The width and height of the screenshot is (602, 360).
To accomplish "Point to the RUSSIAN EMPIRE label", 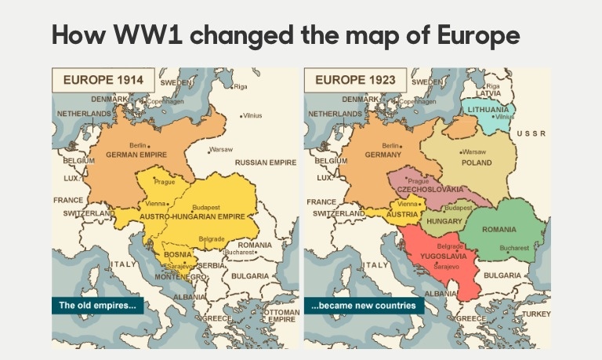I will pos(265,162).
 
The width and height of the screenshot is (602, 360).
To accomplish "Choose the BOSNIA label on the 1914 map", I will pos(176,256).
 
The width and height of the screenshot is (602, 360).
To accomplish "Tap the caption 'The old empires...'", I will pos(97,305).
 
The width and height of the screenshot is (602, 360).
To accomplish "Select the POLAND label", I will pos(477,162).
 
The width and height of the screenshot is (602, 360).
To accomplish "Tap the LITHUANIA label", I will pos(489,109).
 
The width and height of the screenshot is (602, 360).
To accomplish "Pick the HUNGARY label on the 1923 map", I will pos(444,222).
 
